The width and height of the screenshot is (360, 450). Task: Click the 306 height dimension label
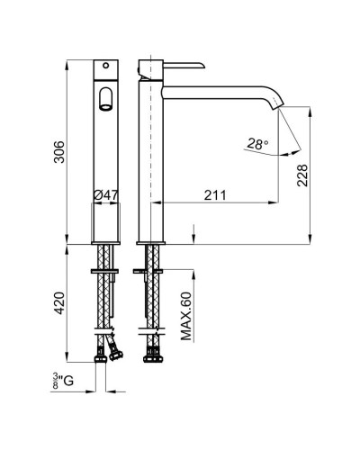59,152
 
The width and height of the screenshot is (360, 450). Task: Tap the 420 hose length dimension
59,302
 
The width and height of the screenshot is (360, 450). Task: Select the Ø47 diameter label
105,195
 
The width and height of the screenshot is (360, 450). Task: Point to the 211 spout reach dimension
215,195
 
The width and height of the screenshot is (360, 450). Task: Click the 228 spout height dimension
302,175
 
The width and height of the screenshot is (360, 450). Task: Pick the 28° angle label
257,144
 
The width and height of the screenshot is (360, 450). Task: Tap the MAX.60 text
186,316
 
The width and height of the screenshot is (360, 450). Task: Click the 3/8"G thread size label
63,381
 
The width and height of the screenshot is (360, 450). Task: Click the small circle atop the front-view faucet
105,65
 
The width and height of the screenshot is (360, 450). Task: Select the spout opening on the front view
105,99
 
